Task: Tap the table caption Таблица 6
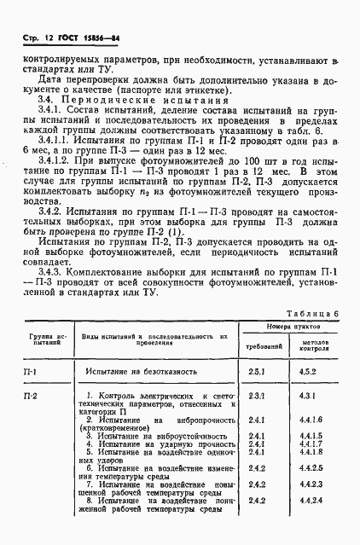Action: click(x=313, y=313)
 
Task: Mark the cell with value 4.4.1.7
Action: click(x=310, y=444)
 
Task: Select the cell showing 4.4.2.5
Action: click(x=310, y=468)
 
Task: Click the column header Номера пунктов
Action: click(x=286, y=327)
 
